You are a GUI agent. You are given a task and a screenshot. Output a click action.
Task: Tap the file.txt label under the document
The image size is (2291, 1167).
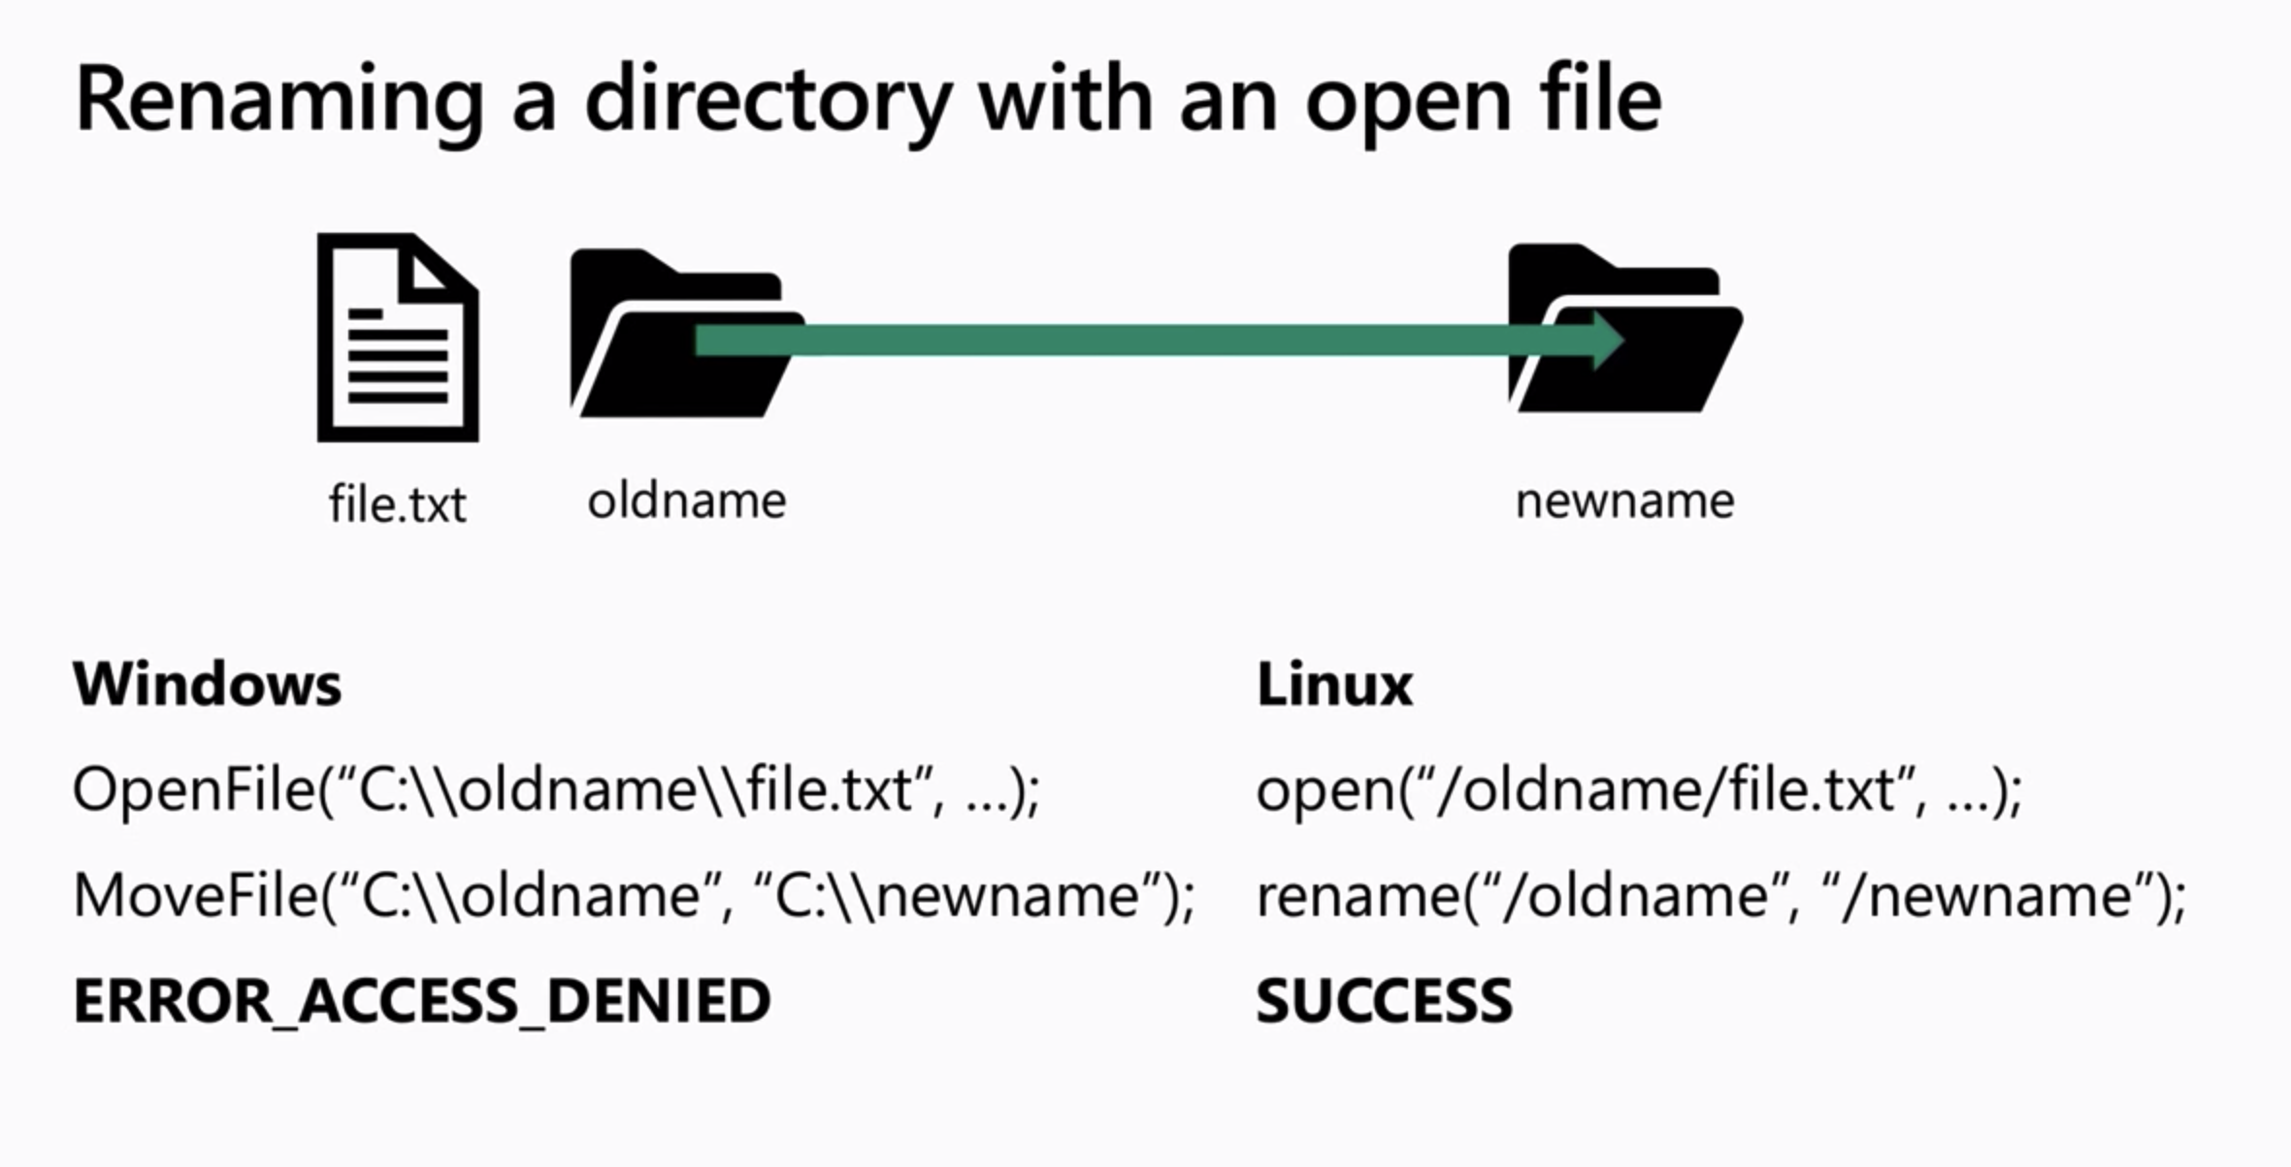(x=397, y=504)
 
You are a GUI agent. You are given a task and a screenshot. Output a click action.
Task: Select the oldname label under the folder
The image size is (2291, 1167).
(x=686, y=502)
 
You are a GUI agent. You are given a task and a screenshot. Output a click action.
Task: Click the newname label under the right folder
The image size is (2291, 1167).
(x=1624, y=502)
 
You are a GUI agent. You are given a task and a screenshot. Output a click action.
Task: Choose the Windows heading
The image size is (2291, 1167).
(x=207, y=684)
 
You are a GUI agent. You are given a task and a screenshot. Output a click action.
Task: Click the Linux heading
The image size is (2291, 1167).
(x=1334, y=684)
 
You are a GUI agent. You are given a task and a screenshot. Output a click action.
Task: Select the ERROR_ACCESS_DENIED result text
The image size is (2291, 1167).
(x=422, y=1000)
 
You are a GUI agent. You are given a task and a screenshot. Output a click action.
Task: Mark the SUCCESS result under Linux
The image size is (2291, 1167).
(x=1384, y=1000)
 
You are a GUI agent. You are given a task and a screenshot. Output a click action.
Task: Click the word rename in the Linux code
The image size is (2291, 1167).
(x=1357, y=894)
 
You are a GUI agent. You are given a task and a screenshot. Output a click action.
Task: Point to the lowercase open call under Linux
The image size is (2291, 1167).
(x=1324, y=791)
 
